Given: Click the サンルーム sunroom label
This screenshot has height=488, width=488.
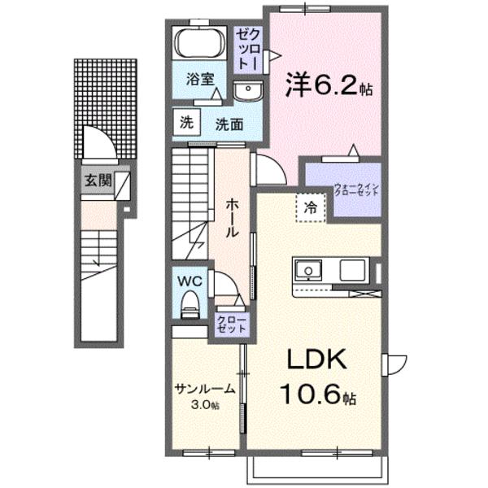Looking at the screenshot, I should click(204, 389).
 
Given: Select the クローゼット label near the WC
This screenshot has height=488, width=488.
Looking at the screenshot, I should click(232, 325).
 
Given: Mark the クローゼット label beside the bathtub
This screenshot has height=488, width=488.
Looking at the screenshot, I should click(248, 49).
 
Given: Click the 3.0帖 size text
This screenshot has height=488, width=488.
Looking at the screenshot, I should click(205, 405).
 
